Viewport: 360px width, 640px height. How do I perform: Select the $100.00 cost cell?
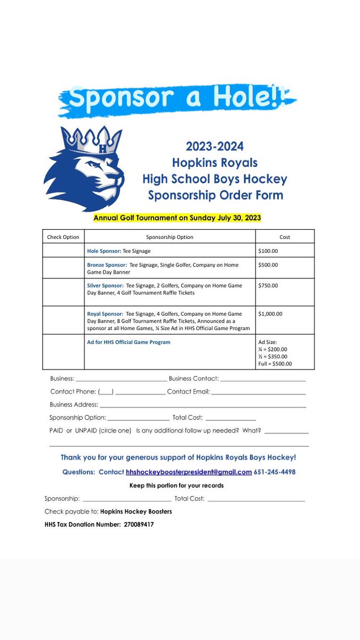point(268,250)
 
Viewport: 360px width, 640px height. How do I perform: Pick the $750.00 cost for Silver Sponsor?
point(268,285)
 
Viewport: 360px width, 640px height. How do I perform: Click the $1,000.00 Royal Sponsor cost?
point(271,314)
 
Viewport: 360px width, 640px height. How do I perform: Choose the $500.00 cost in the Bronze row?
point(268,265)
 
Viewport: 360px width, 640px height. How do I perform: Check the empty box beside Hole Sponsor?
point(63,250)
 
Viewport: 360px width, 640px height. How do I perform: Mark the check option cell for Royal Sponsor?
point(63,320)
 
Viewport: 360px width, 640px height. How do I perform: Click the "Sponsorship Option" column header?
point(170,237)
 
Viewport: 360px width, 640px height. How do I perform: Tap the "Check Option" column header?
point(63,237)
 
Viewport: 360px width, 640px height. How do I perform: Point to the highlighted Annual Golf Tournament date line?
point(177,218)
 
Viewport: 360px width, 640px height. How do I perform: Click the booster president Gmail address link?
point(189,472)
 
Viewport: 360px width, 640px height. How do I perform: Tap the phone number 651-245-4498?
point(275,472)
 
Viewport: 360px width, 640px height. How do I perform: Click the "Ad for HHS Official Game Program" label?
point(129,342)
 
